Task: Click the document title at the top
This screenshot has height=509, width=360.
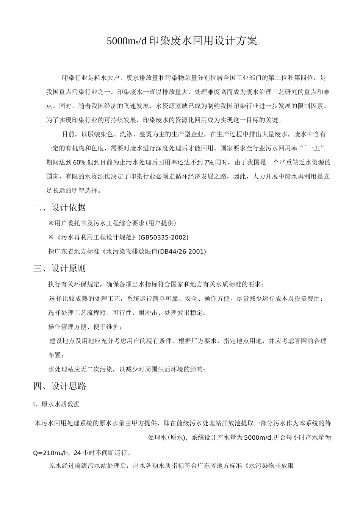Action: coord(182,41)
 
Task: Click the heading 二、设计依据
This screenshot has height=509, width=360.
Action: coord(60,208)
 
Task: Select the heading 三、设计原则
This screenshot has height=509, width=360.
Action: coord(60,269)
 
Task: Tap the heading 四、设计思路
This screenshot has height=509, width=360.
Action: coord(60,386)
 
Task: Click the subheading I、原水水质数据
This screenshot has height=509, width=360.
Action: coord(57,404)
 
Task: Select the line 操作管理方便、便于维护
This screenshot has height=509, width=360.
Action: coord(85,327)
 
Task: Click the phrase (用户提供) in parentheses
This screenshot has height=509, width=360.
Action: coord(161,223)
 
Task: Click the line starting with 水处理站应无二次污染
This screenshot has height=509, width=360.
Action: coord(127,369)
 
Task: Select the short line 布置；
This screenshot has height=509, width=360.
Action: coord(55,355)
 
